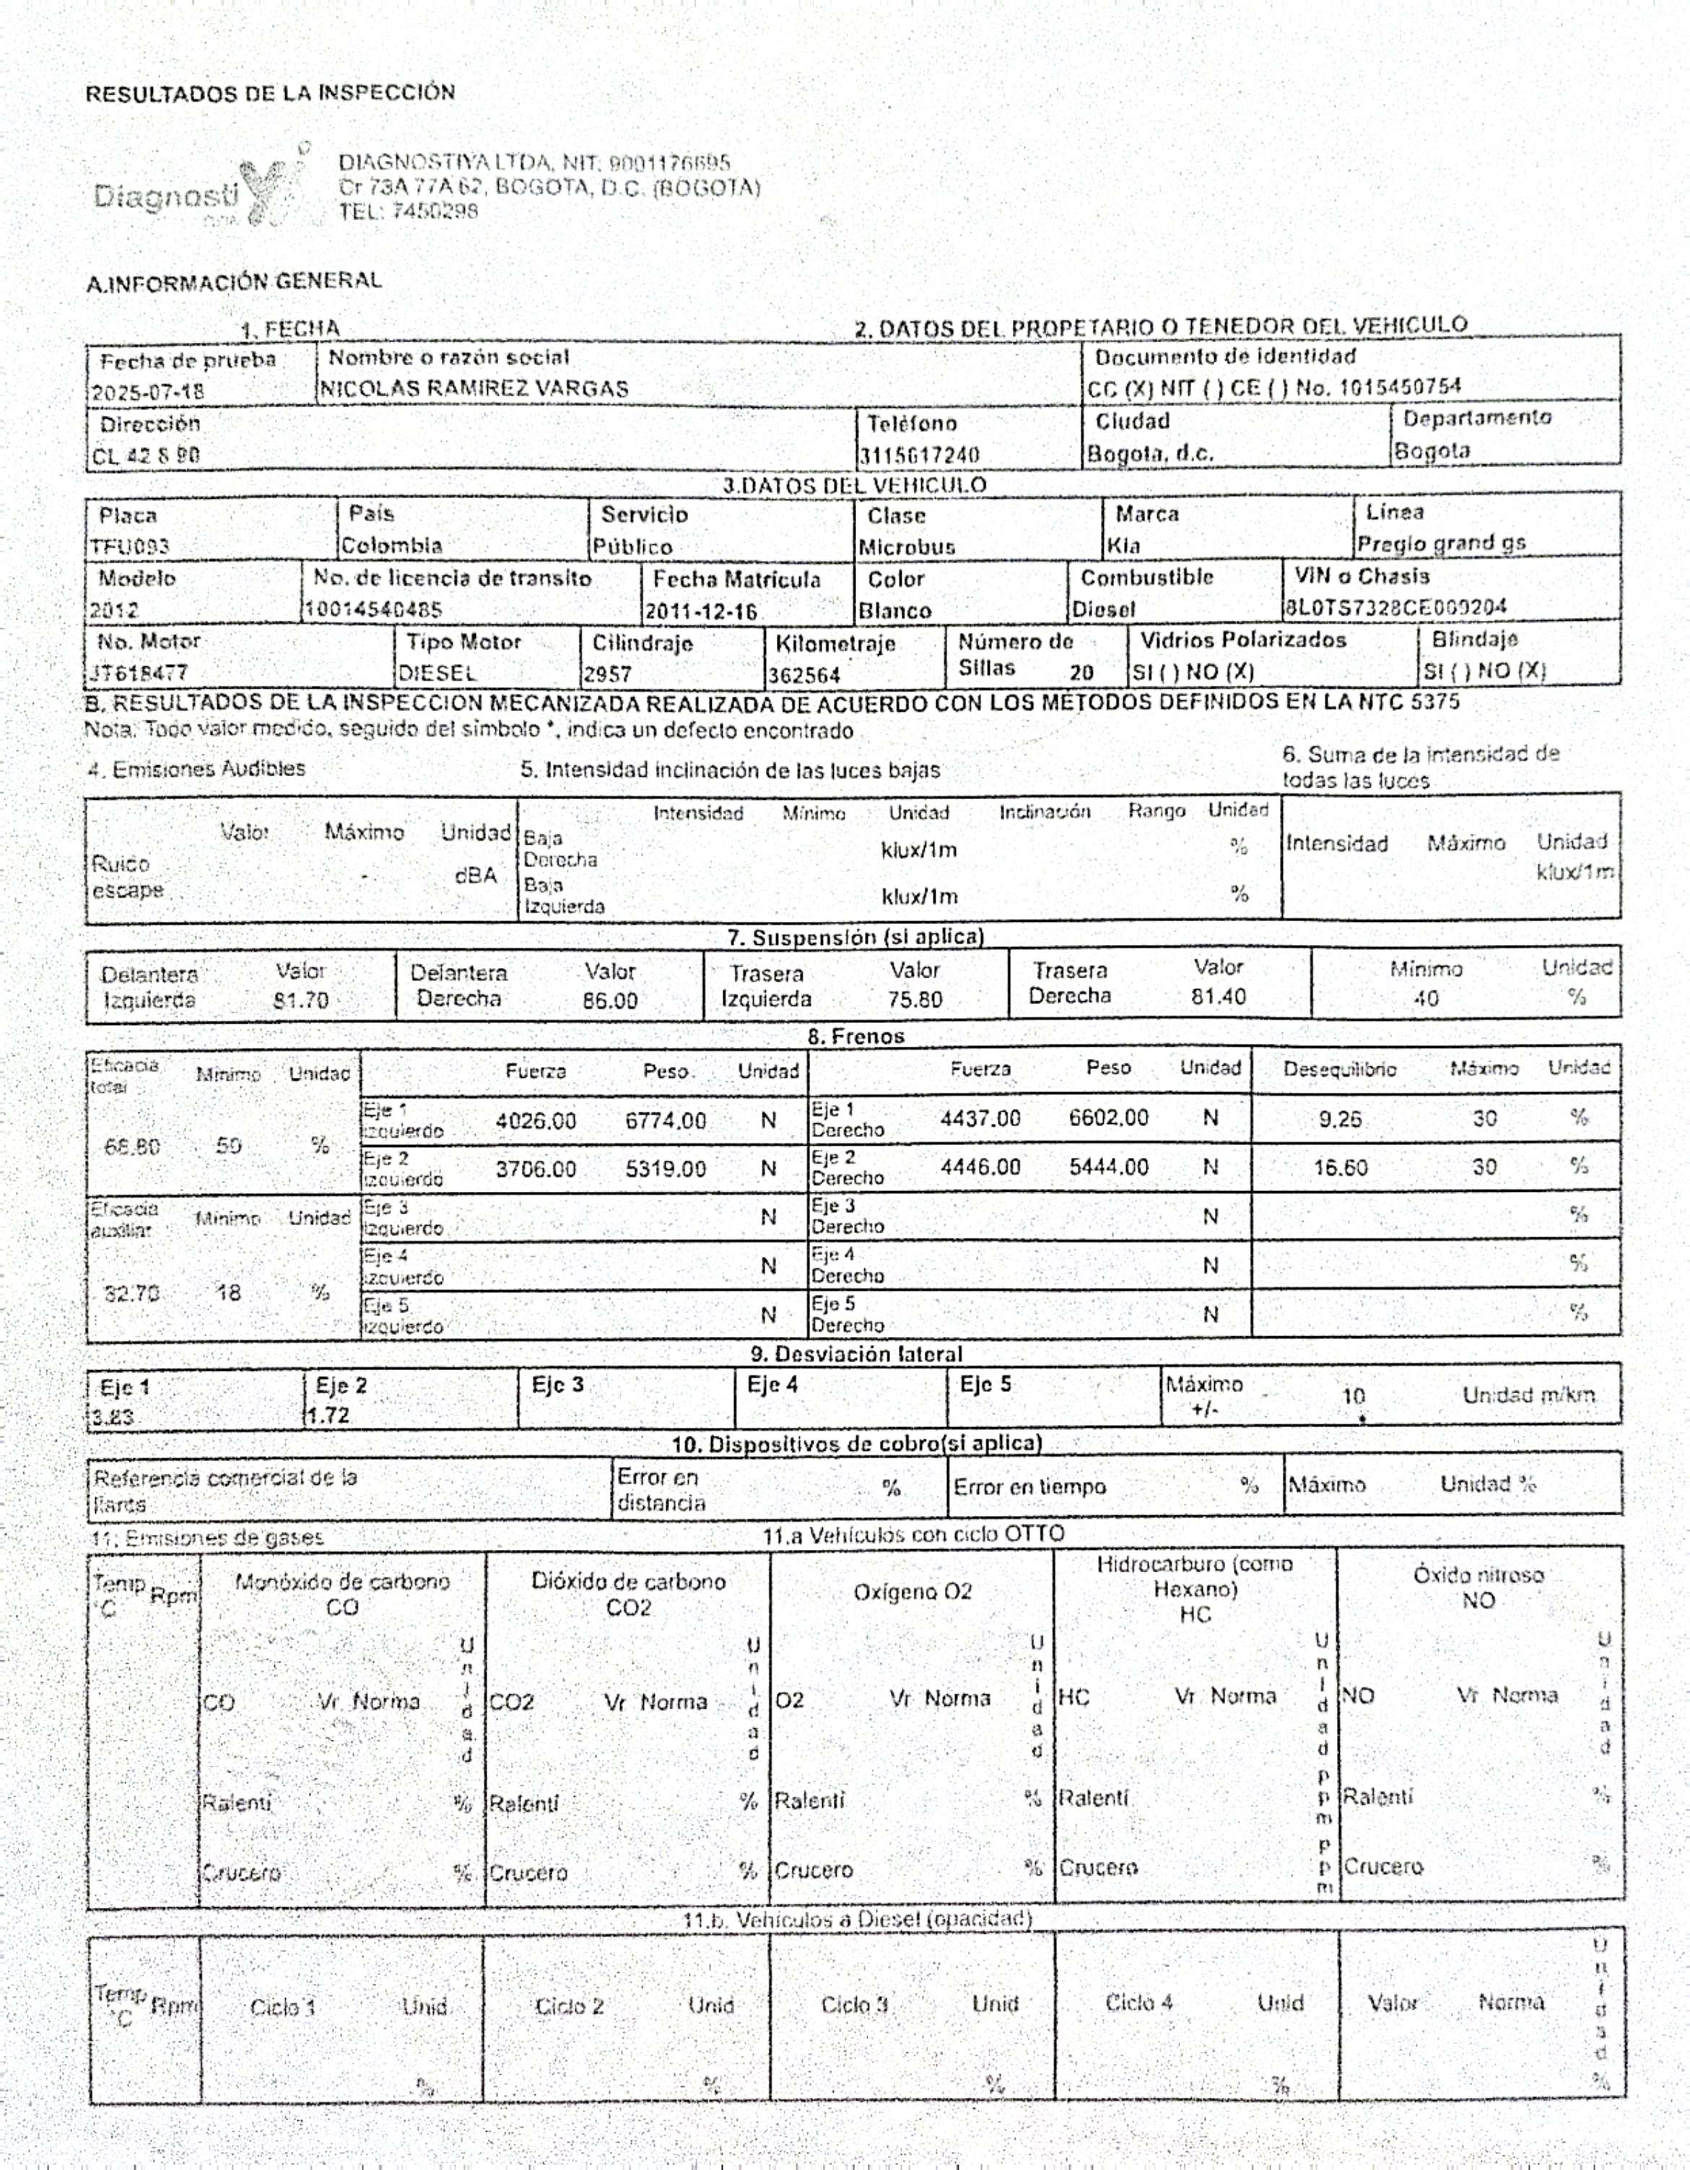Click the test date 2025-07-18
pyautogui.click(x=147, y=391)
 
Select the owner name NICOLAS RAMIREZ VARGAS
pyautogui.click(x=473, y=388)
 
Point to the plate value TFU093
pyautogui.click(x=129, y=546)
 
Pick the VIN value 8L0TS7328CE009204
pyautogui.click(x=1395, y=606)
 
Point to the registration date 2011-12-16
pyautogui.click(x=702, y=611)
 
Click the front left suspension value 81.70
pyautogui.click(x=301, y=1000)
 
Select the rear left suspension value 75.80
pyautogui.click(x=914, y=998)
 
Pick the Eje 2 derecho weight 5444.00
pyautogui.click(x=1108, y=1167)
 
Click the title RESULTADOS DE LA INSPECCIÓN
pyautogui.click(x=270, y=93)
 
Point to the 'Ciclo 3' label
pyautogui.click(x=853, y=2005)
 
